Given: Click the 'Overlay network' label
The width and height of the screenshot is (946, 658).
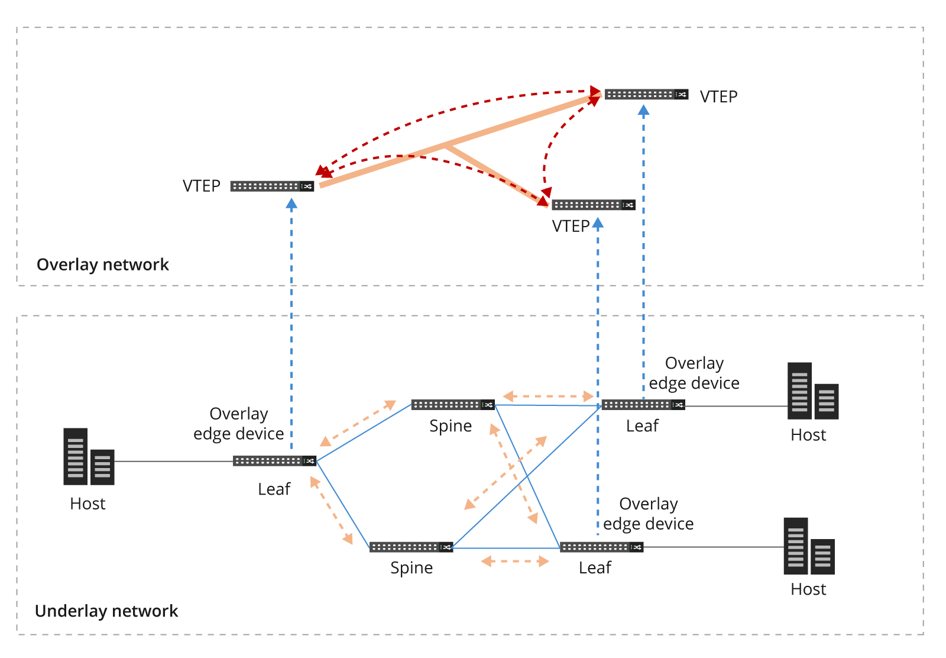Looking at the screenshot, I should (x=102, y=265).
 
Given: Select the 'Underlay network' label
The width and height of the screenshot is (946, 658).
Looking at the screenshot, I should (x=106, y=611).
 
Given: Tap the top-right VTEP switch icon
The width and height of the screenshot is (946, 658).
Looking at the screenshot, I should (x=646, y=95).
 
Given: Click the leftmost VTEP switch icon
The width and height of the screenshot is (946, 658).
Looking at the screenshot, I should (x=272, y=186).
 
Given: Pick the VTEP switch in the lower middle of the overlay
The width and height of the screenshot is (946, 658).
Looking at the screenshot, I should (x=593, y=205).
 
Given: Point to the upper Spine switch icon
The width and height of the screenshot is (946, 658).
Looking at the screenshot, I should (x=453, y=405).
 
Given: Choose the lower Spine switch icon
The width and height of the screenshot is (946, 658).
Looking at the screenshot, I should (x=411, y=547).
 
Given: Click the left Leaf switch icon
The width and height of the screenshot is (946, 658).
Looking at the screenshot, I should (x=274, y=461).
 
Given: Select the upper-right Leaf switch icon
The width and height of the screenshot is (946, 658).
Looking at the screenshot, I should (x=643, y=405).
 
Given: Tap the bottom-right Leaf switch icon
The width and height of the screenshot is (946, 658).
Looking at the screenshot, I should (x=601, y=547).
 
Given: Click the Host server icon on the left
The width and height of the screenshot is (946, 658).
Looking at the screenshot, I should (x=89, y=457).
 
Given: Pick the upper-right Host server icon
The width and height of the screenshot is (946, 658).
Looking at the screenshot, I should (x=812, y=391).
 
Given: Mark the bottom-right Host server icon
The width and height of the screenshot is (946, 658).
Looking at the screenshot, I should (x=809, y=546).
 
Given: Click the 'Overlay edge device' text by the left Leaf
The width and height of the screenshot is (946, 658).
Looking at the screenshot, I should (x=239, y=424).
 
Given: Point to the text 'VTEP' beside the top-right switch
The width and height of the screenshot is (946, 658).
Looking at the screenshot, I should (x=718, y=96).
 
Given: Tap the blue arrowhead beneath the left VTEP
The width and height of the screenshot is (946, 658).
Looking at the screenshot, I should (x=291, y=204).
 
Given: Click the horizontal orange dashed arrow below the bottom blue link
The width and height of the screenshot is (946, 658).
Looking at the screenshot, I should (x=515, y=561).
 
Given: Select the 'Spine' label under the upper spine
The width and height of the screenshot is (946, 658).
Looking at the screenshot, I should (x=451, y=426).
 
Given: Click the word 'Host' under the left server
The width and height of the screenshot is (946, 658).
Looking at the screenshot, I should (x=88, y=504).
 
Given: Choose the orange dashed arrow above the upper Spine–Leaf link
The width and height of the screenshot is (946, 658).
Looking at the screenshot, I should (x=548, y=396).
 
